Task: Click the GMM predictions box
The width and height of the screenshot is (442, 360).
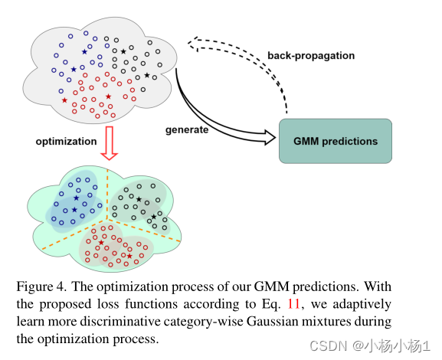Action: [x=336, y=141]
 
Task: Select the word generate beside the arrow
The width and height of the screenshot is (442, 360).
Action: [x=187, y=129]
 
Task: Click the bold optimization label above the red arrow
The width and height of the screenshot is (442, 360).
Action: [x=66, y=141]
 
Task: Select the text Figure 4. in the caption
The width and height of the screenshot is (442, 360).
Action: [x=39, y=286]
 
